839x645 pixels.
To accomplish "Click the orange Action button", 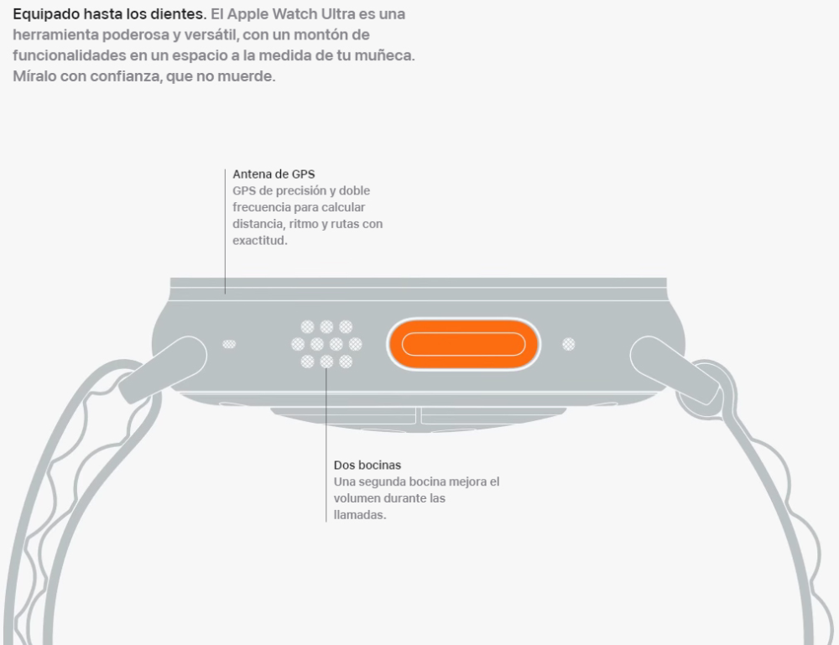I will coord(463,344).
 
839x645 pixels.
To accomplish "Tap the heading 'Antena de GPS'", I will coord(274,174).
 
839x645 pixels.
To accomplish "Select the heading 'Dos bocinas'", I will coord(367,465).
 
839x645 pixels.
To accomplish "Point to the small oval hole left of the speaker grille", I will coord(229,344).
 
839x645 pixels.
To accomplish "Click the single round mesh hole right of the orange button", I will coord(569,344).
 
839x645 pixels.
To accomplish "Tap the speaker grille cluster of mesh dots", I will coord(326,344).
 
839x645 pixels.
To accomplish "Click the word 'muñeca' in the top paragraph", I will coord(389,55).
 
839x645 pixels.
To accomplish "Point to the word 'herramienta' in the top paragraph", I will coord(51,35).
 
